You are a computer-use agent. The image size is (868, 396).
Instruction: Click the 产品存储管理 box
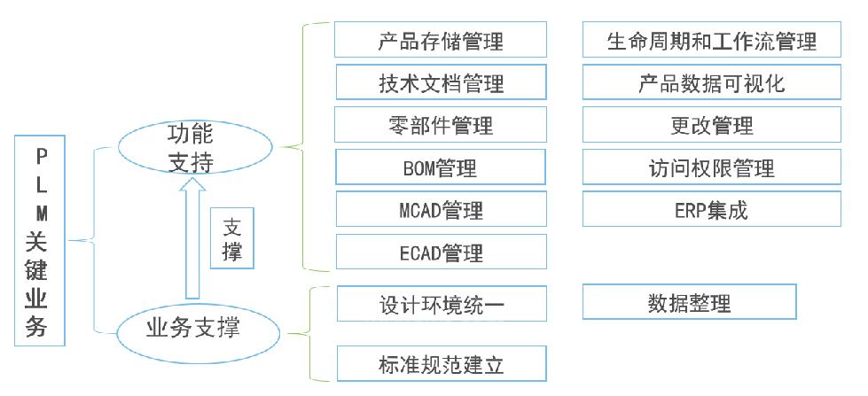pyautogui.click(x=441, y=41)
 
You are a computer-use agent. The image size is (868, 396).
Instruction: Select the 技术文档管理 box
pyautogui.click(x=441, y=83)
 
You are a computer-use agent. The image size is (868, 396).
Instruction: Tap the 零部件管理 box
pyautogui.click(x=441, y=125)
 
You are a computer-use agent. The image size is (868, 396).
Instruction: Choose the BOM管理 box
pyautogui.click(x=441, y=167)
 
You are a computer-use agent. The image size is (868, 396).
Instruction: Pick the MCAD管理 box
pyautogui.click(x=441, y=210)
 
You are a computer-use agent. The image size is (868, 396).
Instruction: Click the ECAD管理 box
pyautogui.click(x=441, y=252)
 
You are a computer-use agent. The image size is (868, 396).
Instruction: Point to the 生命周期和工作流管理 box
pyautogui.click(x=711, y=41)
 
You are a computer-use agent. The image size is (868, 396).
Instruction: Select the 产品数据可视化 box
pyautogui.click(x=711, y=83)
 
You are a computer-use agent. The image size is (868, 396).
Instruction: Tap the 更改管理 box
pyautogui.click(x=711, y=125)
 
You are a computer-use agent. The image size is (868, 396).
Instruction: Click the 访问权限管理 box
pyautogui.click(x=711, y=167)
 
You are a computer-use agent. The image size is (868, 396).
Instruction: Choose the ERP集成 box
pyautogui.click(x=711, y=210)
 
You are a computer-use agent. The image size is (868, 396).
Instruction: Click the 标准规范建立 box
pyautogui.click(x=441, y=363)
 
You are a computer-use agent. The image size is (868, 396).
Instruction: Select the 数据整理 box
pyautogui.click(x=689, y=302)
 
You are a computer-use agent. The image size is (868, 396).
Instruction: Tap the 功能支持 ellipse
pyautogui.click(x=191, y=148)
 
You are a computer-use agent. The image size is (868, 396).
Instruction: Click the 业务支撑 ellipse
pyautogui.click(x=191, y=330)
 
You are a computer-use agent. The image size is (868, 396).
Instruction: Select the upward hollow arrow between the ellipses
pyautogui.click(x=191, y=239)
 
